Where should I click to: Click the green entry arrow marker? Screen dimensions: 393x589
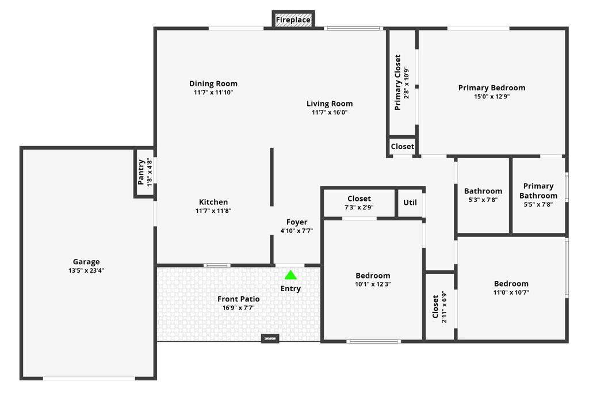point(290,275)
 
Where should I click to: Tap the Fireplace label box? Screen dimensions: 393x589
point(293,20)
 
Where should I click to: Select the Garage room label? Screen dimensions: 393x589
point(86,262)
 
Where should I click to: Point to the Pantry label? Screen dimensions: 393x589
point(141,172)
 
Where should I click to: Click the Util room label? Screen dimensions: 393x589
point(410,203)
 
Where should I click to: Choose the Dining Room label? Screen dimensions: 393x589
point(213,83)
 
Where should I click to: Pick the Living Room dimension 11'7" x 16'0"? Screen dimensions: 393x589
point(330,112)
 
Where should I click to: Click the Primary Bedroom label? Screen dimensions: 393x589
point(492,88)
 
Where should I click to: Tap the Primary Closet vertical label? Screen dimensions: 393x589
point(397,83)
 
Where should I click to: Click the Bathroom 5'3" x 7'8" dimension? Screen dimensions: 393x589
point(483,200)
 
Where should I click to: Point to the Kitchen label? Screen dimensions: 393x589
point(213,202)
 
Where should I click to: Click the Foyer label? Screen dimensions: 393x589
point(297,222)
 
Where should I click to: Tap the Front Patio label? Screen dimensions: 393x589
point(239,299)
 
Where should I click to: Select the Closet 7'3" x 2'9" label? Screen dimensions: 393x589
point(359,199)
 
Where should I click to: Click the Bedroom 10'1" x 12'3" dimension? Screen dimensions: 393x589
point(373,284)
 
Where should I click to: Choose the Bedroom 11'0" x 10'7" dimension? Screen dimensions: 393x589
point(511,292)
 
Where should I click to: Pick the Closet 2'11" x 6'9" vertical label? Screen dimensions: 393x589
point(435,307)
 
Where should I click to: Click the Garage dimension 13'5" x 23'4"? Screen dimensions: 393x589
point(86,270)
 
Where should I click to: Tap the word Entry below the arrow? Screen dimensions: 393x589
point(290,289)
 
